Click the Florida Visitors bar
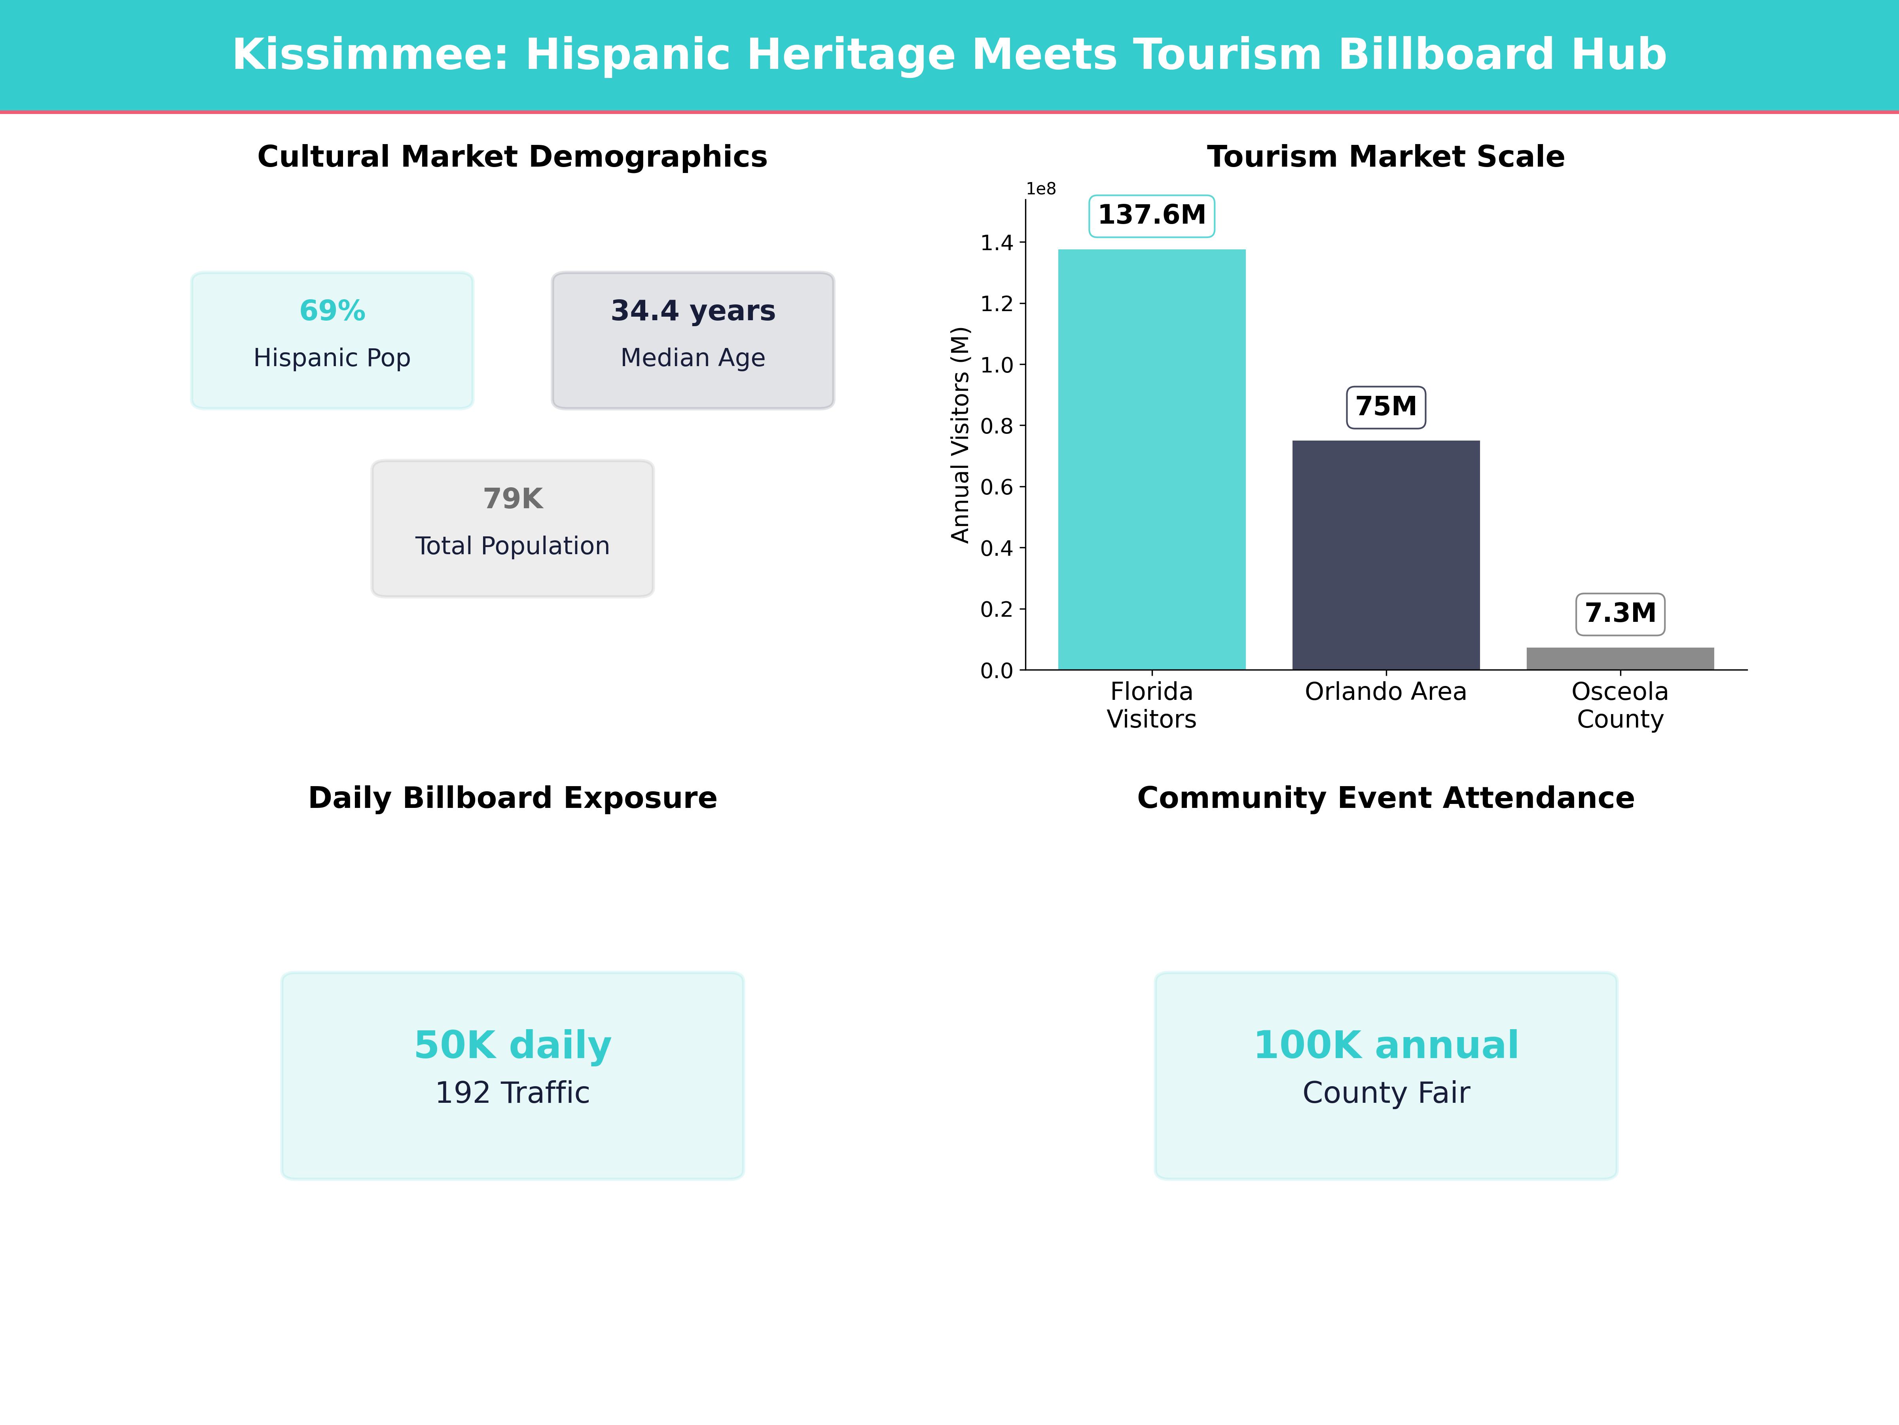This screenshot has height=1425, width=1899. pos(1151,460)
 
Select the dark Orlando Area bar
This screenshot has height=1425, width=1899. pos(1385,555)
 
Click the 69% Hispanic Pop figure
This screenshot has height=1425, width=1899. pos(332,311)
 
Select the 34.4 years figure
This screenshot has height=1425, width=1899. pos(693,311)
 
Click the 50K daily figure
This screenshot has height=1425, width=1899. pos(512,1045)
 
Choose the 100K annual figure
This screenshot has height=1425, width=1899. pos(1385,1045)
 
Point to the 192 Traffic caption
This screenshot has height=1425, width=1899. pos(512,1092)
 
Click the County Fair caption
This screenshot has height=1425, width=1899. pos(1385,1092)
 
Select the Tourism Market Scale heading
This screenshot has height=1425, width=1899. pos(1385,157)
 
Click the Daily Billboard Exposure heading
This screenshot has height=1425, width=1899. pos(512,798)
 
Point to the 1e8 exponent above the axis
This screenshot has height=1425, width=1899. pos(1040,189)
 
